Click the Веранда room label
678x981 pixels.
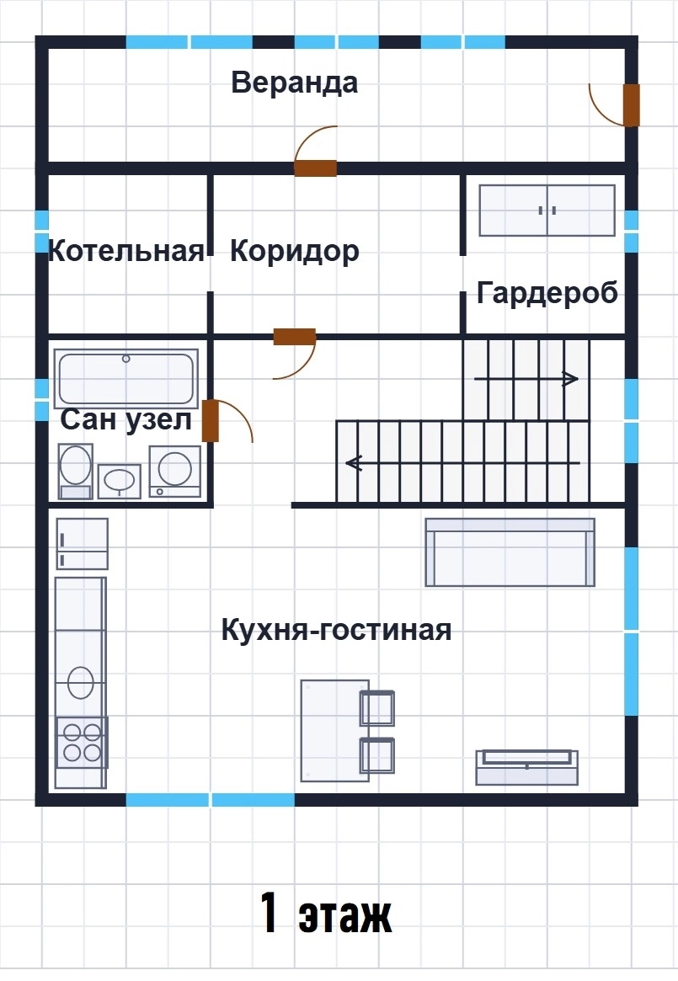(x=294, y=83)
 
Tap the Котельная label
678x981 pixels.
(x=126, y=251)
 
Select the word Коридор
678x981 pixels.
(x=294, y=252)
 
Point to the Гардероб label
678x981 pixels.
(x=547, y=293)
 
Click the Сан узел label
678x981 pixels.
(x=125, y=420)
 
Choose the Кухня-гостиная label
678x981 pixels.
(x=336, y=630)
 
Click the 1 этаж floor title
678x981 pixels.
(x=326, y=914)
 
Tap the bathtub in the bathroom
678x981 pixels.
(x=126, y=378)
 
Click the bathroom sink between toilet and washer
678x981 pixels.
(x=119, y=481)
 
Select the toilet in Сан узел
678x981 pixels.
(x=76, y=471)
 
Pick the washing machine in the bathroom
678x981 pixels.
(x=175, y=471)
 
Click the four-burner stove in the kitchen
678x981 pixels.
(x=82, y=742)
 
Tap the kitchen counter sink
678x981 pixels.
(x=81, y=682)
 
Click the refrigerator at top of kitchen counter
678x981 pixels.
(x=82, y=544)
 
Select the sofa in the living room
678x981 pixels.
(x=510, y=552)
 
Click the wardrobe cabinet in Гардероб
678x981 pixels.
(x=547, y=211)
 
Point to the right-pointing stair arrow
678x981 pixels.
(x=526, y=379)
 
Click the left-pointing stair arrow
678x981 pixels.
(x=462, y=463)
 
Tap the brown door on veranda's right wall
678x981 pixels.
(x=631, y=104)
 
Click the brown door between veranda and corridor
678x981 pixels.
(x=316, y=168)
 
